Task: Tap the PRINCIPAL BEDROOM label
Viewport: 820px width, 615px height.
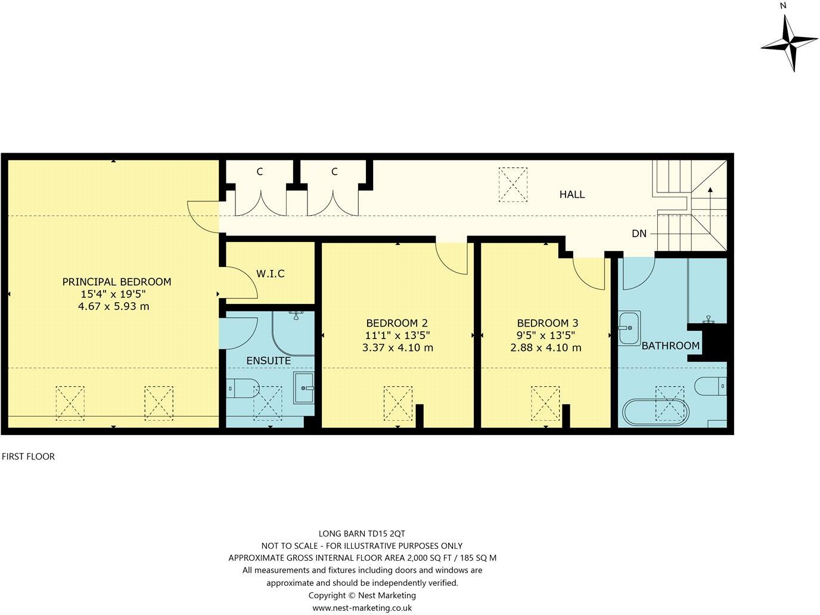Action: click(x=117, y=282)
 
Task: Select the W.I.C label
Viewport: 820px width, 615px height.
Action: click(x=271, y=274)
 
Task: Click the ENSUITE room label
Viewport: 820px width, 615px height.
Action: click(x=268, y=361)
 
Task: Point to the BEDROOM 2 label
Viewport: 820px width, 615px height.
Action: click(x=397, y=323)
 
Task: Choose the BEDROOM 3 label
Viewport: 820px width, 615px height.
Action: click(x=546, y=323)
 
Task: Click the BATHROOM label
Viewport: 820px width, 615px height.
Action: click(x=670, y=346)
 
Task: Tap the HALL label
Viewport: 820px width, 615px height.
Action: click(x=571, y=194)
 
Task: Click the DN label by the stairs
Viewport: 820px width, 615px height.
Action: click(x=639, y=234)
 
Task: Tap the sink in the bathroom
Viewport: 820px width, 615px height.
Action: click(x=629, y=327)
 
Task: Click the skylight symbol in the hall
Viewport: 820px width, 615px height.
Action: click(x=512, y=184)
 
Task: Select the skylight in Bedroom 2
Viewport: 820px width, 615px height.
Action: click(x=397, y=403)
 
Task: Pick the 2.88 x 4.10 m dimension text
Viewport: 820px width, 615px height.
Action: click(x=546, y=348)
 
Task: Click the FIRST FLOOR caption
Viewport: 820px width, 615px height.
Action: click(x=28, y=456)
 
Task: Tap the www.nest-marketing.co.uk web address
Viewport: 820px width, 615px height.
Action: click(x=362, y=608)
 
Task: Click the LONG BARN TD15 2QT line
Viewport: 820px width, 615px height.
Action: click(x=362, y=533)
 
